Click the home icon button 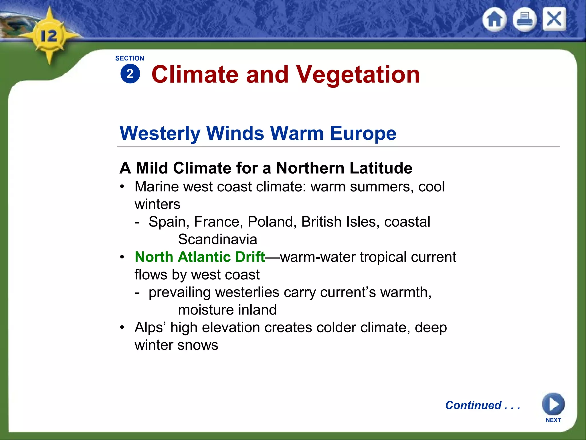[x=495, y=20]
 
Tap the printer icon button [x=524, y=20]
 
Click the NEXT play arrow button [x=553, y=404]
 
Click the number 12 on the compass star [x=49, y=36]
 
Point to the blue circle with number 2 [x=130, y=74]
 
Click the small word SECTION [x=130, y=58]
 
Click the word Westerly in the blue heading [x=160, y=133]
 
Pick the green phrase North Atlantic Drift [x=200, y=257]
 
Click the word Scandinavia [x=217, y=239]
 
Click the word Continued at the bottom [x=473, y=405]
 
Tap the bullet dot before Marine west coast [x=122, y=187]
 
